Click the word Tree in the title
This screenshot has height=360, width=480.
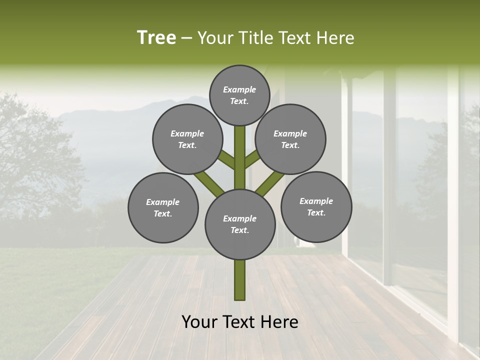coord(156,38)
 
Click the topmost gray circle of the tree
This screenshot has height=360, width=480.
coord(239,95)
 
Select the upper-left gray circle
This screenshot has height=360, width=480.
coord(187,139)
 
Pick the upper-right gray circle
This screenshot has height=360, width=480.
coord(290,139)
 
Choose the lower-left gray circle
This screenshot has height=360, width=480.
coord(163,207)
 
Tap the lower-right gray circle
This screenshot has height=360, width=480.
coord(316,206)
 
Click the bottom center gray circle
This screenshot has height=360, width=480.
coord(240,224)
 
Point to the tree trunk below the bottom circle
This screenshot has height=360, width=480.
coord(240,280)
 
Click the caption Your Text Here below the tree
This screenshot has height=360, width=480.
coord(240,322)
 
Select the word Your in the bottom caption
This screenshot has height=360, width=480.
coord(199,322)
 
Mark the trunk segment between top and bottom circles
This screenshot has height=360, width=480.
coord(240,157)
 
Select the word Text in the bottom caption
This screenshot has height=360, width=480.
coord(240,322)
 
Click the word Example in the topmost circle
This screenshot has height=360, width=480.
coord(239,89)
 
